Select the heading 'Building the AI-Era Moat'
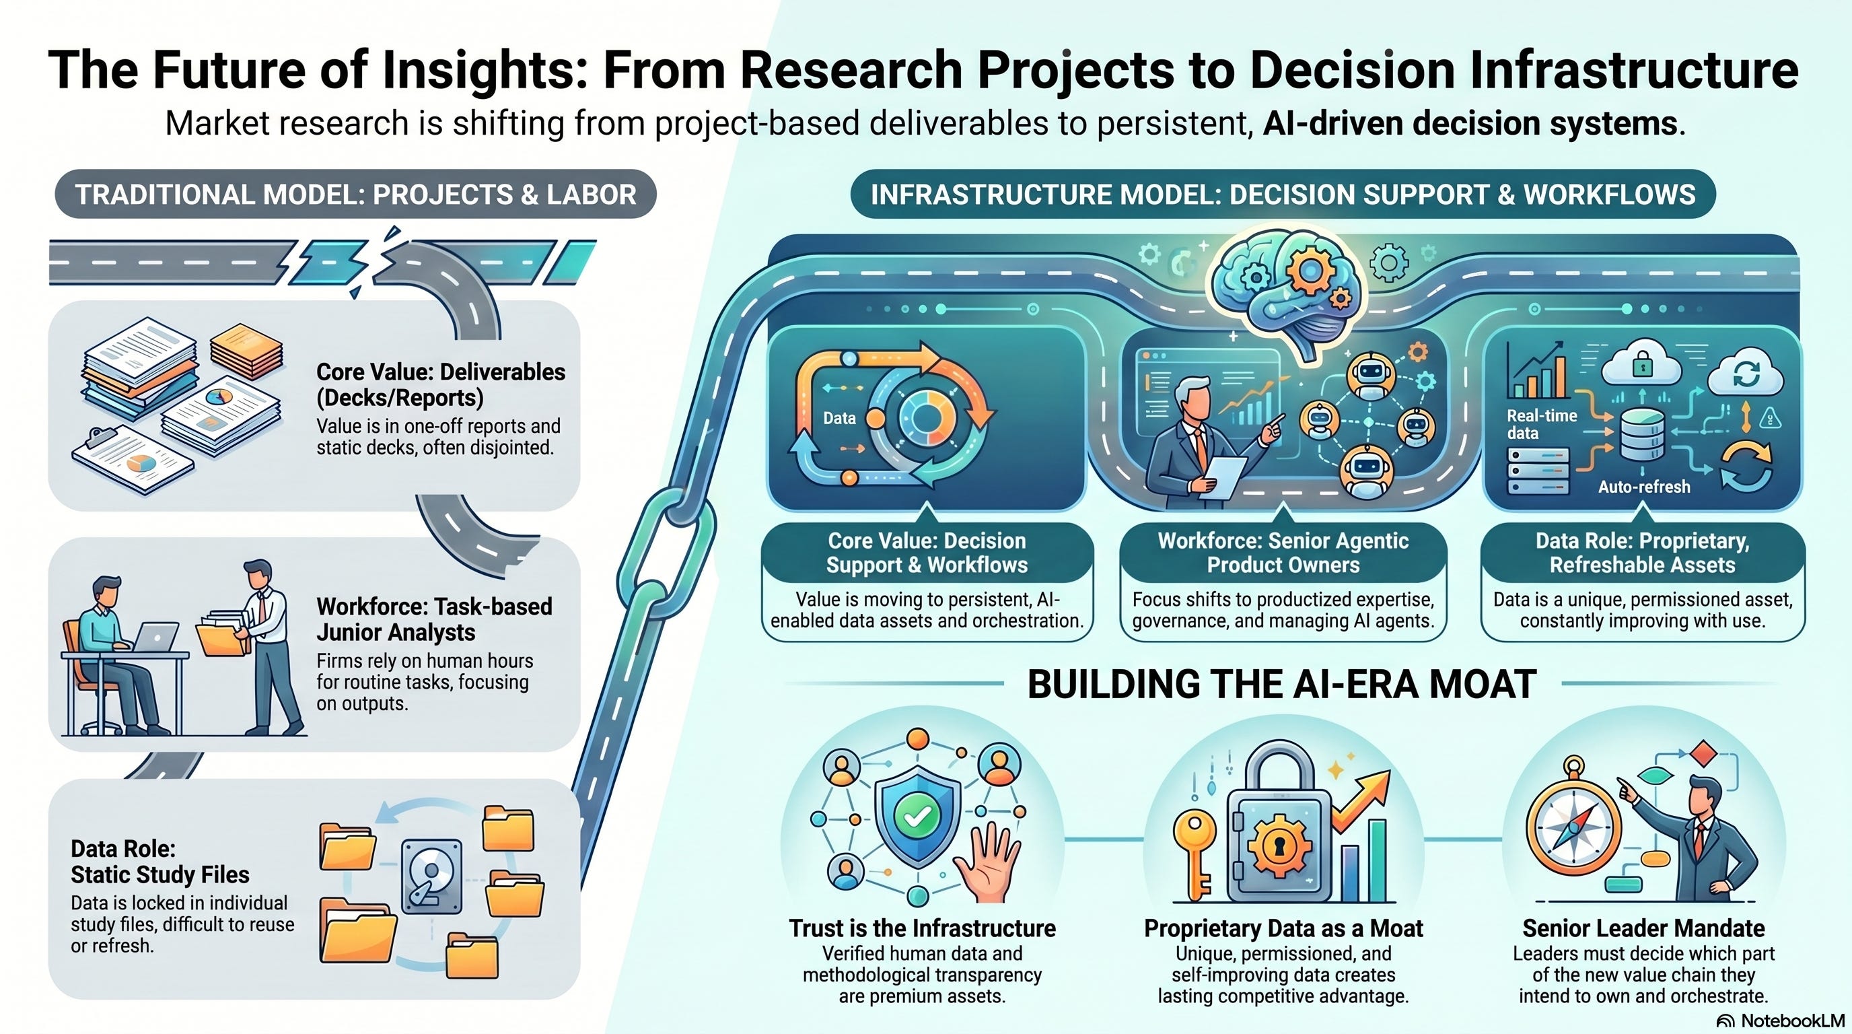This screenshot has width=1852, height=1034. (1282, 684)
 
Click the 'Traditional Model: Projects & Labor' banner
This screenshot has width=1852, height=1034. (356, 194)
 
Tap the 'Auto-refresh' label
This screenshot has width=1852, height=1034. (1644, 487)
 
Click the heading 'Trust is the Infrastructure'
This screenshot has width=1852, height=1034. (923, 928)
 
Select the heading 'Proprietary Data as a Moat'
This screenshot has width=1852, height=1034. (1283, 928)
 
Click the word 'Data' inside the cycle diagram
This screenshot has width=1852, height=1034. (839, 418)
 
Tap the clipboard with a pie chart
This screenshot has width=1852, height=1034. (133, 460)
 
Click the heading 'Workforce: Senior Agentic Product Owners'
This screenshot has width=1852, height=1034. (1283, 552)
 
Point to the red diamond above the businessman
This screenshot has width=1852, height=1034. (1703, 755)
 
